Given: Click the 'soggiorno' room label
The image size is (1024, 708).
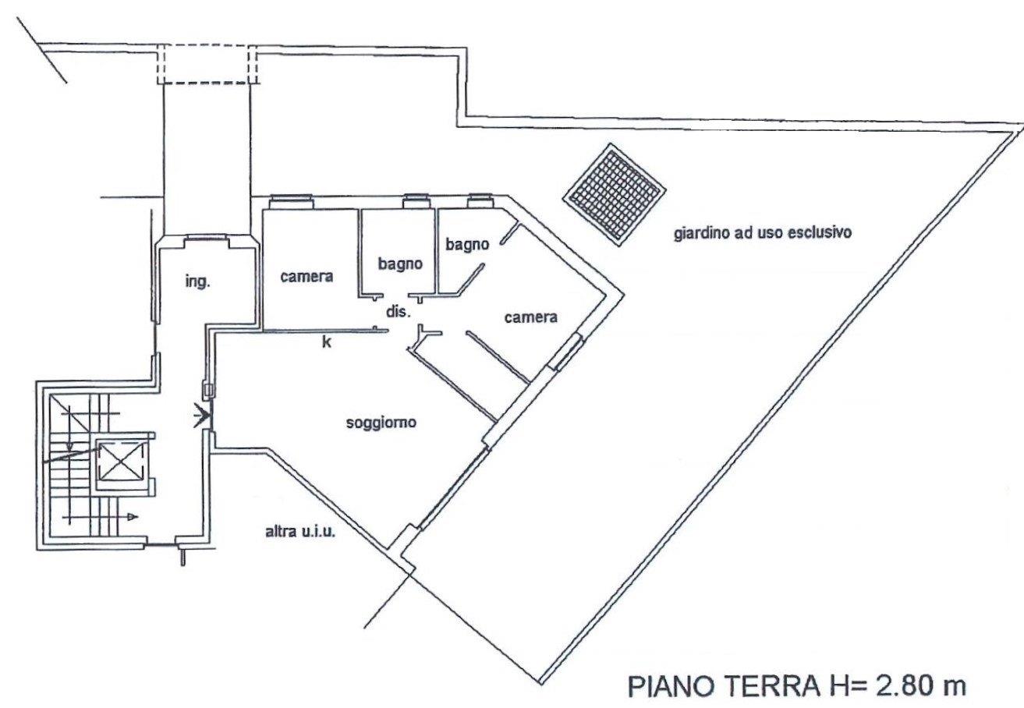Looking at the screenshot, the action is coord(381,423).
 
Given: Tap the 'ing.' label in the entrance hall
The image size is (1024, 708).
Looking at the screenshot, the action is coord(197,281).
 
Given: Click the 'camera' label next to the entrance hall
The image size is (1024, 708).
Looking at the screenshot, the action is coord(306,277).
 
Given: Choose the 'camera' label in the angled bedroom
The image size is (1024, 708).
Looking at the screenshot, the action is coord(531,317).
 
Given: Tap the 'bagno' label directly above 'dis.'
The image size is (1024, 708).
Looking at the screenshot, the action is coord(400,264).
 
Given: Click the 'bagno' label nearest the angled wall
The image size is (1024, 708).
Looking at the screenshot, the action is coord(467,245).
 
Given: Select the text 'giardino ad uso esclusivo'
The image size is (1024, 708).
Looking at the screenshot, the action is coord(763,232).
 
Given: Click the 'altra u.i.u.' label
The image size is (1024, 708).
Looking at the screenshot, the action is coord(300,532).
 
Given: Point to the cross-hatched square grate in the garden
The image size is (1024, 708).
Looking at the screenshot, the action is coord(614,195).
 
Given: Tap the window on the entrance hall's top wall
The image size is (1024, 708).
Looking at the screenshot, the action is coord(206,238).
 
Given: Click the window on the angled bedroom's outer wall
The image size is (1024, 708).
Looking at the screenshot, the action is coord(565,352).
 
